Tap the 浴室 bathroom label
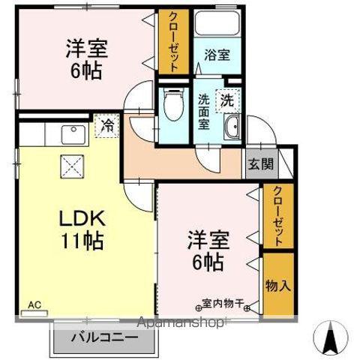(211, 55)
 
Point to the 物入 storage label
(277, 286)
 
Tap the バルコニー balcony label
(105, 338)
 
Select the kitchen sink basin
(73, 135)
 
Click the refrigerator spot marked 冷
(107, 124)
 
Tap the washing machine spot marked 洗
(226, 98)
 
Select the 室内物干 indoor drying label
(226, 304)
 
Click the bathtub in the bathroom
(211, 25)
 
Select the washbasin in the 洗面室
(232, 127)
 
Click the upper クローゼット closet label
(173, 43)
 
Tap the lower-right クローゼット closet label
(278, 217)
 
